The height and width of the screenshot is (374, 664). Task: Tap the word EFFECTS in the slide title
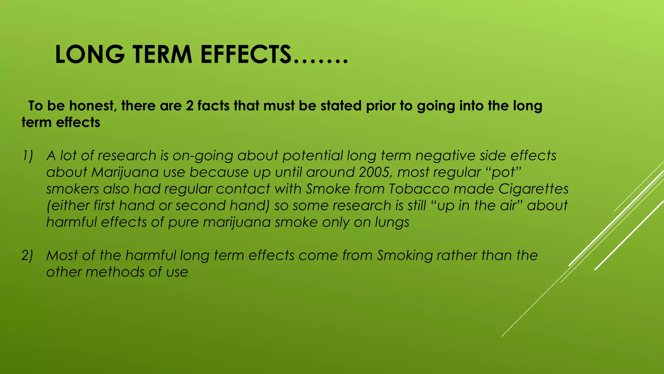[x=246, y=55]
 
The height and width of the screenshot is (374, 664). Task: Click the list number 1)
[x=28, y=156]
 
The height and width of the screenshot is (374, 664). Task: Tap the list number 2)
[x=28, y=256]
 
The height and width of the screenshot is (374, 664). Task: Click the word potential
[x=313, y=156]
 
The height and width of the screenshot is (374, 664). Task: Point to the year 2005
[x=374, y=172]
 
